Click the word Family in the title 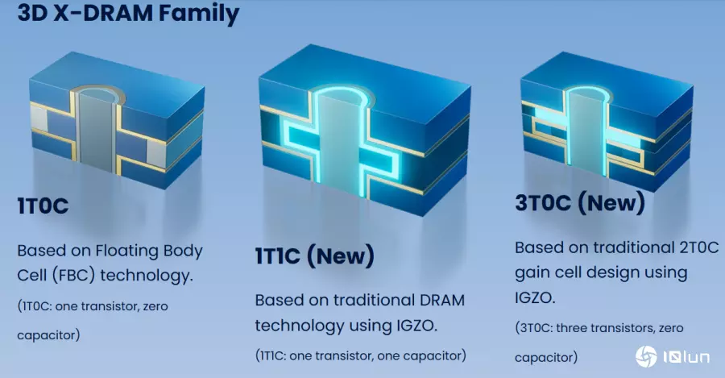pyautogui.click(x=199, y=12)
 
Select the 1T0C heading pyautogui.click(x=43, y=206)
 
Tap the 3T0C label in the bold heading pyautogui.click(x=543, y=203)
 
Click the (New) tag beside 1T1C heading pyautogui.click(x=341, y=255)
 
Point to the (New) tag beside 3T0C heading pyautogui.click(x=611, y=202)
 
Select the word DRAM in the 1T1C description pyautogui.click(x=442, y=301)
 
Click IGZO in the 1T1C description pyautogui.click(x=416, y=326)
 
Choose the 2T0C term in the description pyautogui.click(x=699, y=247)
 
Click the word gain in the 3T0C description pyautogui.click(x=532, y=273)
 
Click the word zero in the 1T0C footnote pyautogui.click(x=155, y=306)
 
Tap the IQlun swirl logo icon pyautogui.click(x=646, y=356)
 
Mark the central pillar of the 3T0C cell pyautogui.click(x=585, y=132)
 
